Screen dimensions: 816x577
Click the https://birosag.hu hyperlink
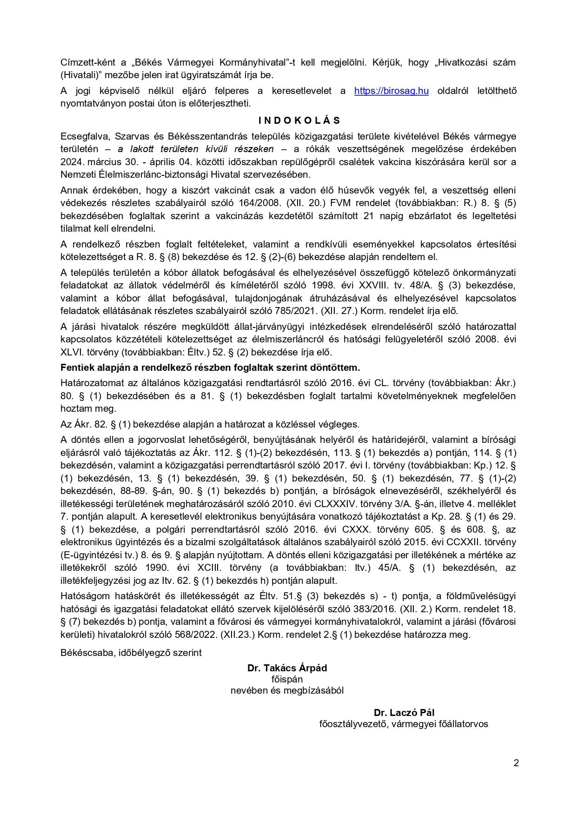tap(391, 91)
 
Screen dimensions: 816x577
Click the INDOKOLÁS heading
tap(299, 120)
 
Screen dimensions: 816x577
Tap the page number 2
tap(516, 763)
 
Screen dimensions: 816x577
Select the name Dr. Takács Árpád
tap(287, 668)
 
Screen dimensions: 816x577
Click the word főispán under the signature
tap(287, 679)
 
